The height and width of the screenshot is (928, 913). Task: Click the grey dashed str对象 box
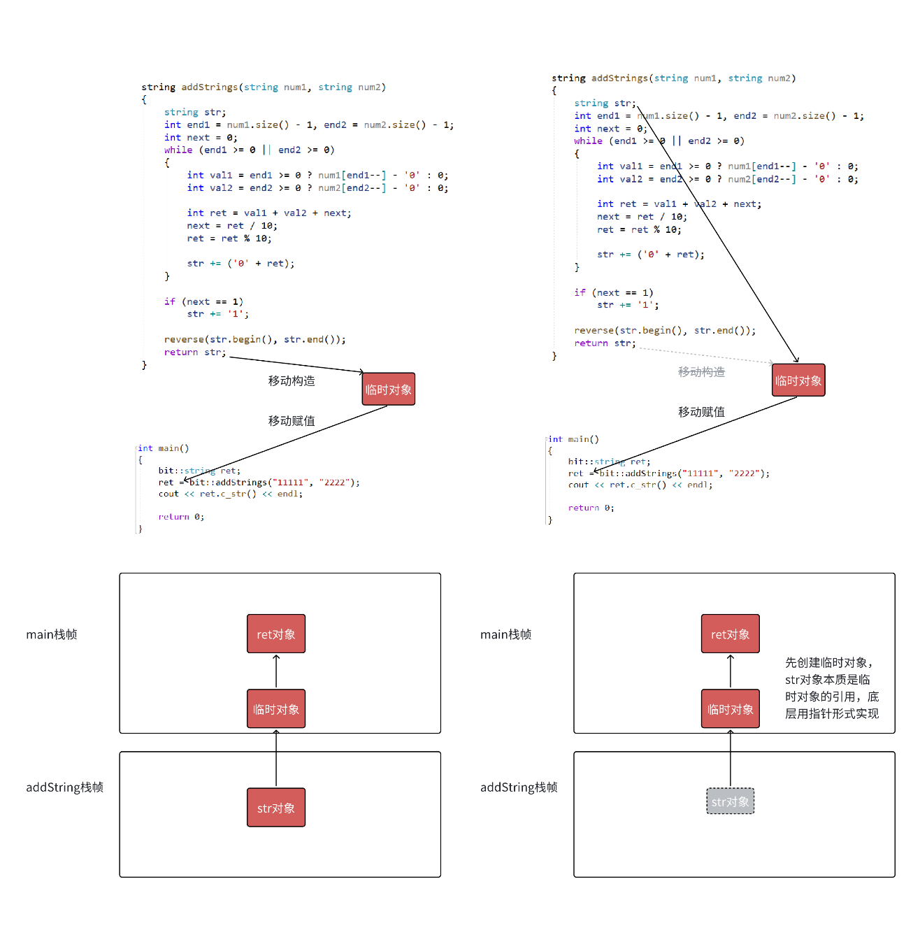pos(730,801)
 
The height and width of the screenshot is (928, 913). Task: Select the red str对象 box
pos(276,808)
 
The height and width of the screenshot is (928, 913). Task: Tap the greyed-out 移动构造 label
pos(701,372)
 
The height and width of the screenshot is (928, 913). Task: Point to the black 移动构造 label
pos(292,381)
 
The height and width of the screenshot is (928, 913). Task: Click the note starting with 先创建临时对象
pos(831,688)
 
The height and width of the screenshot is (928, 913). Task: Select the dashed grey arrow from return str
pos(706,355)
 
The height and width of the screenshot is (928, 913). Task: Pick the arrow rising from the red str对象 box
pos(276,759)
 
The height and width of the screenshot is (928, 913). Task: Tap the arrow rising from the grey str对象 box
pos(731,759)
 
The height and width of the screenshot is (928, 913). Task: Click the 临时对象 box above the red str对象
pos(276,709)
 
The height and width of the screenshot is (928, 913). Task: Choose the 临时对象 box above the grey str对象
pos(731,709)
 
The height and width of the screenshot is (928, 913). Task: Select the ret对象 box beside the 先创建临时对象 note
pos(731,634)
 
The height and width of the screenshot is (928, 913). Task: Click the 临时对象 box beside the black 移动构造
pos(389,390)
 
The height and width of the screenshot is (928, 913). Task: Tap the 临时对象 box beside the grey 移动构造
pos(798,380)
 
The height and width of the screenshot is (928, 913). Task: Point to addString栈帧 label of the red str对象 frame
pos(64,787)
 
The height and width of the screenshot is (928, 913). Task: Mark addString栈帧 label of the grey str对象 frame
pos(519,787)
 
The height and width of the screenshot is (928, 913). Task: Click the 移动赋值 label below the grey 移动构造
pos(701,412)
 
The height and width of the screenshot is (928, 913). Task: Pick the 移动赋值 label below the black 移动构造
pos(292,421)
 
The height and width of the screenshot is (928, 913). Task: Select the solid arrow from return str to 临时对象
pos(297,364)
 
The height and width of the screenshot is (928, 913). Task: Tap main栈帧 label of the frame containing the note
pos(505,634)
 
